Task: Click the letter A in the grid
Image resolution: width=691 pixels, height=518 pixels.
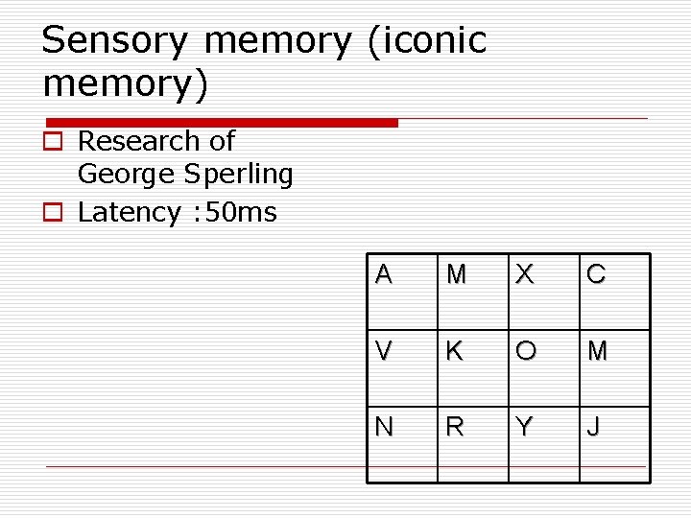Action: coord(384,275)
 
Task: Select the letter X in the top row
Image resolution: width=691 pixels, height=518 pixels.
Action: coord(524,275)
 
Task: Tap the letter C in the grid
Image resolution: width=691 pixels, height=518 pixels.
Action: coord(596,275)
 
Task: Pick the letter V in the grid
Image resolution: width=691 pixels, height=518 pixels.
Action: coord(384,351)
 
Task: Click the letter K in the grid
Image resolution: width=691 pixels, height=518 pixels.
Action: coord(454,351)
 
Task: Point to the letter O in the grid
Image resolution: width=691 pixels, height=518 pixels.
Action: coord(525,351)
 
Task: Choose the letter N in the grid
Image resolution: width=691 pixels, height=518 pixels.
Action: coord(384,427)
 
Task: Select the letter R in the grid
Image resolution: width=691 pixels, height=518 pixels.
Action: coord(454,427)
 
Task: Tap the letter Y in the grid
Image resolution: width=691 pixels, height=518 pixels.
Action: coord(524,427)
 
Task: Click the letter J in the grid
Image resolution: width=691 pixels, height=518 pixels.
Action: coord(595,427)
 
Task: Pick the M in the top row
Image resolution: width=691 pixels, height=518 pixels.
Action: coord(456,275)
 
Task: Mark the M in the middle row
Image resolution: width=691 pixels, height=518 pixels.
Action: coord(597,351)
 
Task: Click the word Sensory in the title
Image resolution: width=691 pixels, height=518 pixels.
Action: coord(116,42)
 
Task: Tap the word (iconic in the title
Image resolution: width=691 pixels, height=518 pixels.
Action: coord(427,42)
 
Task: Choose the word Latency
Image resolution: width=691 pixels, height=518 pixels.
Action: coord(129,212)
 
